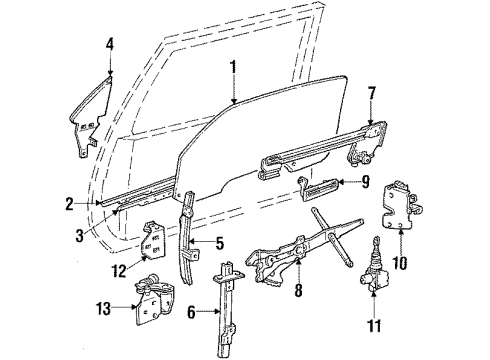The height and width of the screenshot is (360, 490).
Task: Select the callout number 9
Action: click(x=365, y=182)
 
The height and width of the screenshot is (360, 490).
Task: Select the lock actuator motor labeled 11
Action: click(x=374, y=279)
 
